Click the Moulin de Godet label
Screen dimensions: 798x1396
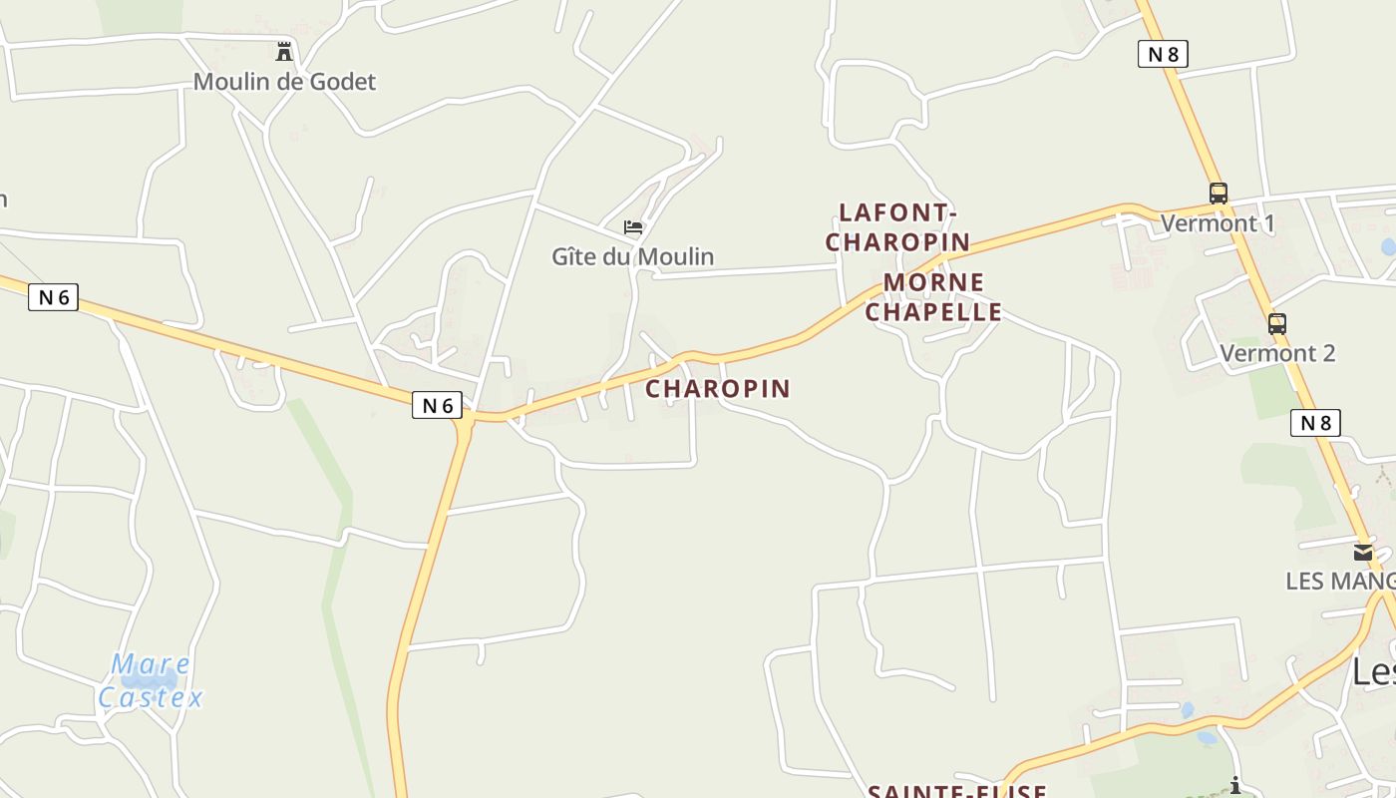(x=284, y=82)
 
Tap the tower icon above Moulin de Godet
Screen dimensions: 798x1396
(x=284, y=51)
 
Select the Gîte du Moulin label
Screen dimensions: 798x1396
(x=633, y=256)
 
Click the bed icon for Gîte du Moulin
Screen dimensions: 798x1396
(x=633, y=227)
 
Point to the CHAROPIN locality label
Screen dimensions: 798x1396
(x=718, y=388)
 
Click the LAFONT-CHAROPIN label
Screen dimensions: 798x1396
(x=897, y=227)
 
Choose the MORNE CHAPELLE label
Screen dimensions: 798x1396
(x=933, y=297)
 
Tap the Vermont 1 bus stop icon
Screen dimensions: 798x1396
(x=1219, y=194)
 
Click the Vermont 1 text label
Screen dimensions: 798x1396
(x=1218, y=223)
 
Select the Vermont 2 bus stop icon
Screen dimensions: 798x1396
(x=1277, y=323)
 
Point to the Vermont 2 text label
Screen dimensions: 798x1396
(x=1277, y=353)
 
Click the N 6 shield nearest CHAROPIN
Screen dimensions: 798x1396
(x=437, y=405)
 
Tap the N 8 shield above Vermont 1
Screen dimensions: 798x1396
(x=1163, y=54)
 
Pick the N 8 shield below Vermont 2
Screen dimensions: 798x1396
(x=1315, y=423)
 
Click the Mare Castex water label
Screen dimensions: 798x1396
(x=152, y=680)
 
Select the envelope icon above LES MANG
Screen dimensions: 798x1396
(x=1363, y=553)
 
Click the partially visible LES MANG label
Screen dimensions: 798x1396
(x=1340, y=581)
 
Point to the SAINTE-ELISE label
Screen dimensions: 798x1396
(x=956, y=791)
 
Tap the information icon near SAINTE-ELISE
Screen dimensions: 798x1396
(x=1235, y=785)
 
